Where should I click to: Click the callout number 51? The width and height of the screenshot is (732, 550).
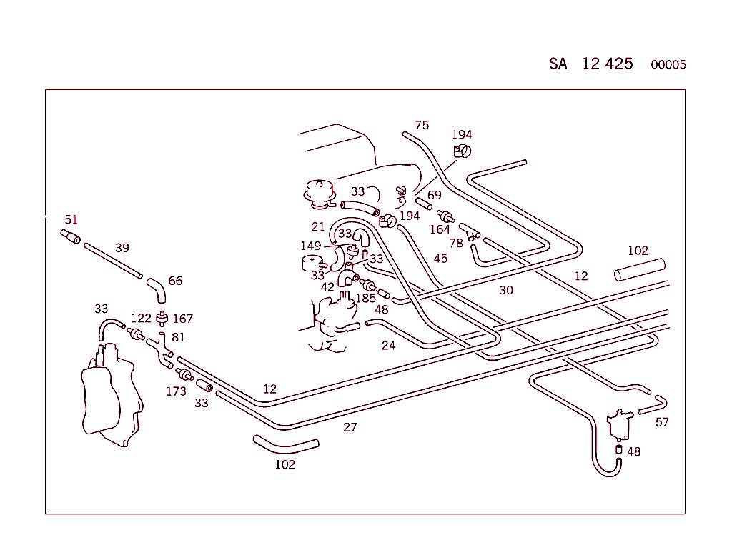point(71,220)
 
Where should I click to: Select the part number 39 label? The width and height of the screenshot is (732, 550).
point(122,248)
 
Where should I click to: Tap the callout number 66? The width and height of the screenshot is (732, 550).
point(175,281)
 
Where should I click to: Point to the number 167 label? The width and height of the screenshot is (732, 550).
point(182,319)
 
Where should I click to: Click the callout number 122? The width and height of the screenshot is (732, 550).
point(141,319)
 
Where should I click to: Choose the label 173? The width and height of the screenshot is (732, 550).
point(176,391)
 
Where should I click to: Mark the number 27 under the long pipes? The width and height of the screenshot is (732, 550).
point(350,427)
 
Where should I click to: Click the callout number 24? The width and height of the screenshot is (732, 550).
point(388,346)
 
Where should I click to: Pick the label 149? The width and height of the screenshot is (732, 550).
point(310,246)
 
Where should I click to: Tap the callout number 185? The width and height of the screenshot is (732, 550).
point(366,297)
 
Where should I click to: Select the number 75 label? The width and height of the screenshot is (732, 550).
point(422,125)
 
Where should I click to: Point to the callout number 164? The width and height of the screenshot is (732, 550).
point(440,229)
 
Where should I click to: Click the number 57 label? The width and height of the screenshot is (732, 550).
point(662,422)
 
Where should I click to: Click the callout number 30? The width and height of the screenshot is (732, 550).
point(506,290)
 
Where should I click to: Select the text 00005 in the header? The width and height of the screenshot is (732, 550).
point(668,65)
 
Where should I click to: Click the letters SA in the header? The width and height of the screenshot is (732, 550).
point(558,64)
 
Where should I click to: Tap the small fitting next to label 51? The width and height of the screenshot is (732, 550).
point(70,236)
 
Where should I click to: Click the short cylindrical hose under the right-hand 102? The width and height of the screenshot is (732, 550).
point(639,269)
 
